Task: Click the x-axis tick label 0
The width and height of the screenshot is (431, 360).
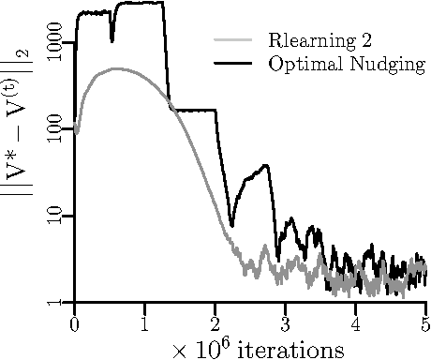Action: point(74,322)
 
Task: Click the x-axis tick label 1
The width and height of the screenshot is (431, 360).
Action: point(144,322)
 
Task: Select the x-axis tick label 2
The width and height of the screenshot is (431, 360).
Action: point(215,322)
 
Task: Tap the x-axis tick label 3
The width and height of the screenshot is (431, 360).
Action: point(285,322)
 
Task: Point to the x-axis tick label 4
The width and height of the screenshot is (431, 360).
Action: point(355,322)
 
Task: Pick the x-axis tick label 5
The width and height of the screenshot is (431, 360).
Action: point(425,322)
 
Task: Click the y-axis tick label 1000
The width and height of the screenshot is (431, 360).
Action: point(53,45)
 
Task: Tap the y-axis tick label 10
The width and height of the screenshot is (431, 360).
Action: point(53,217)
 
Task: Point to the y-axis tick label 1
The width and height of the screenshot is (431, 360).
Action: point(53,302)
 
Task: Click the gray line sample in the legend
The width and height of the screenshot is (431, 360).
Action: point(234,40)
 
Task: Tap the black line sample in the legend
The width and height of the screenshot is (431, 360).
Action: point(234,63)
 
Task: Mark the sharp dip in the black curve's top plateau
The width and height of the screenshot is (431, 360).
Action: point(112,38)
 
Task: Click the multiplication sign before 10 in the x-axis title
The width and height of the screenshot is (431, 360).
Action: point(180,351)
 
